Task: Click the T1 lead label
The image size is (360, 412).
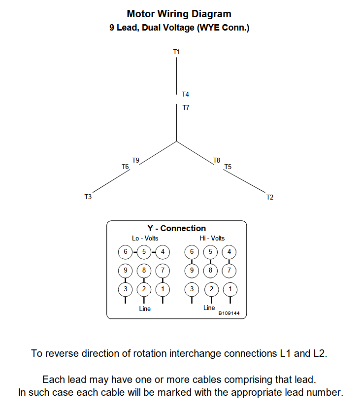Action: click(x=176, y=52)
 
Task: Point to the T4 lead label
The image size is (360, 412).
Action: click(x=185, y=94)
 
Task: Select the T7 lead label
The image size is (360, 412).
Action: click(x=186, y=107)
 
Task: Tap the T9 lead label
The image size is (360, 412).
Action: click(x=135, y=160)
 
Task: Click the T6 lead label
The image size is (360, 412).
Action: click(x=125, y=167)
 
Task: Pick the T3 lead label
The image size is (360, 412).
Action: click(x=88, y=197)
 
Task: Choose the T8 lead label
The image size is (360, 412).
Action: click(x=217, y=160)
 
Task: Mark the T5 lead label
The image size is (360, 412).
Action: click(x=228, y=167)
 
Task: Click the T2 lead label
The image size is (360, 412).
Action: click(x=270, y=198)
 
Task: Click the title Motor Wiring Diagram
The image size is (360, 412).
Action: click(x=179, y=14)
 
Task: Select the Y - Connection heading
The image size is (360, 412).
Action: click(x=177, y=228)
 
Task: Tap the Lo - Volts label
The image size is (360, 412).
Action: click(x=145, y=239)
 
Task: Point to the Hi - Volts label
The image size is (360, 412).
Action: click(x=212, y=239)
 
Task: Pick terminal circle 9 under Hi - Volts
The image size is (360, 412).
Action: click(x=192, y=270)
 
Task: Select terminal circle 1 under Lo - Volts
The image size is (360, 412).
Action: click(x=163, y=289)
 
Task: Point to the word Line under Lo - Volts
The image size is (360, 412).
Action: click(x=145, y=309)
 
